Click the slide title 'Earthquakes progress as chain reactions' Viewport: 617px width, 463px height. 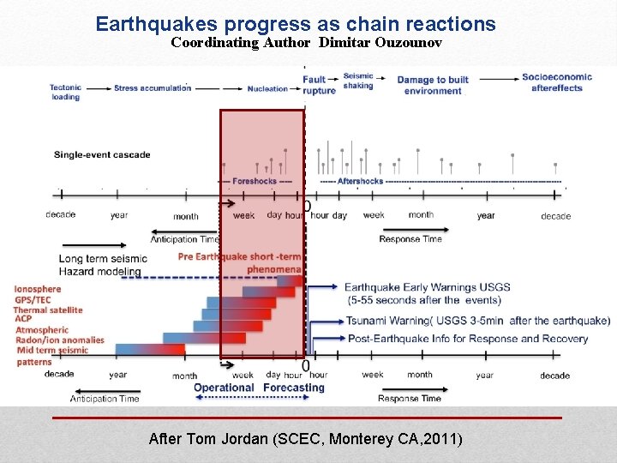[x=296, y=24]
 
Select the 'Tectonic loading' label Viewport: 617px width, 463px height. [x=65, y=92]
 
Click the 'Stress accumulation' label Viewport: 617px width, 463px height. [x=152, y=87]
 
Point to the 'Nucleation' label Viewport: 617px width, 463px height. [x=267, y=88]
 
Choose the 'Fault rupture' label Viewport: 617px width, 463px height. [x=319, y=85]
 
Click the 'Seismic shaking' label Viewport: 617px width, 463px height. [x=358, y=81]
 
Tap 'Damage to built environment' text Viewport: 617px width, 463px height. [x=433, y=86]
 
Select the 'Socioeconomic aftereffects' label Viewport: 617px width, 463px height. [x=557, y=82]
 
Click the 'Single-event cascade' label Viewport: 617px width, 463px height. [x=102, y=155]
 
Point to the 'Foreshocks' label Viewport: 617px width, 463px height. [x=255, y=182]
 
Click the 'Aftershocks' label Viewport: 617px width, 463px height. [x=360, y=182]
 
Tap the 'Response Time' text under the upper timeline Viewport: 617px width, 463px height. [x=410, y=239]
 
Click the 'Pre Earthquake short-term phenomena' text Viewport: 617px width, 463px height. [x=240, y=263]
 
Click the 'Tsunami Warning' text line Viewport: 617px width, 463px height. [x=477, y=321]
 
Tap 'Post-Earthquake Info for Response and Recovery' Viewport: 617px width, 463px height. [x=467, y=339]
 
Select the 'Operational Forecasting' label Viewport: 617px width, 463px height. [x=259, y=388]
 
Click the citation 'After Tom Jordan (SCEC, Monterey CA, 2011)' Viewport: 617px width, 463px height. [x=305, y=439]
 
